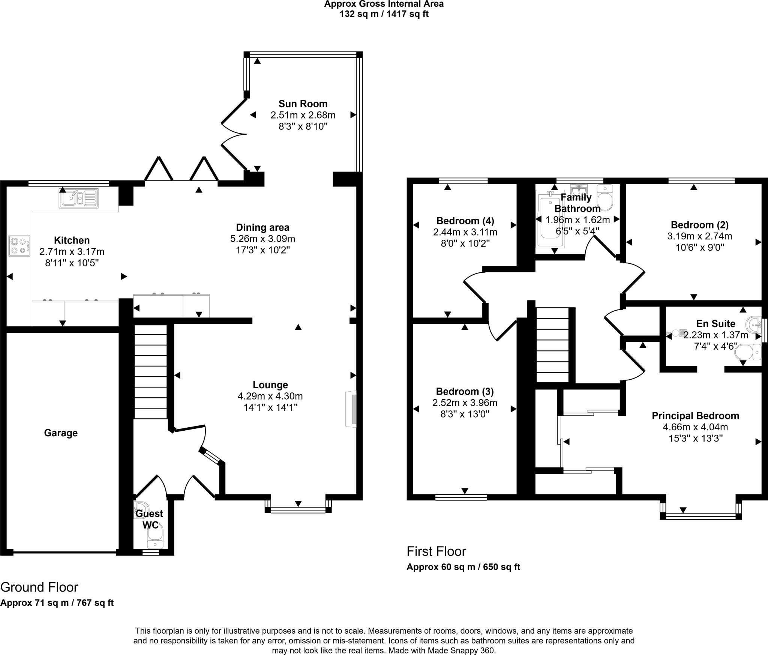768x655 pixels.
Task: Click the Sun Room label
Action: (x=303, y=104)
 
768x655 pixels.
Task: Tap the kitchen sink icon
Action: (x=78, y=198)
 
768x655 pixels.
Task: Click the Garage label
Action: (x=61, y=433)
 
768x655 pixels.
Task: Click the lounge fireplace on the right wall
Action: (x=351, y=409)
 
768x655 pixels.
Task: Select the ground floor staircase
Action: (x=150, y=371)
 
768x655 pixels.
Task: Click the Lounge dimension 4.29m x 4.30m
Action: (x=270, y=396)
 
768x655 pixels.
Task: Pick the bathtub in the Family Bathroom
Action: (x=550, y=219)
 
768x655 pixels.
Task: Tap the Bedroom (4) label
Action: (x=465, y=221)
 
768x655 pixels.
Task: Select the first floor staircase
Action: (x=553, y=345)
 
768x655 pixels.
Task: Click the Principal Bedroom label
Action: (x=695, y=416)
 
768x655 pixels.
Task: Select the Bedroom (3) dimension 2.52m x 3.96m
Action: (x=465, y=403)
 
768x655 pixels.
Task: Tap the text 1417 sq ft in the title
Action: (x=407, y=14)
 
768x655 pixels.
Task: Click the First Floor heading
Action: (x=436, y=551)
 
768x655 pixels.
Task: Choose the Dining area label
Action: (x=262, y=227)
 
